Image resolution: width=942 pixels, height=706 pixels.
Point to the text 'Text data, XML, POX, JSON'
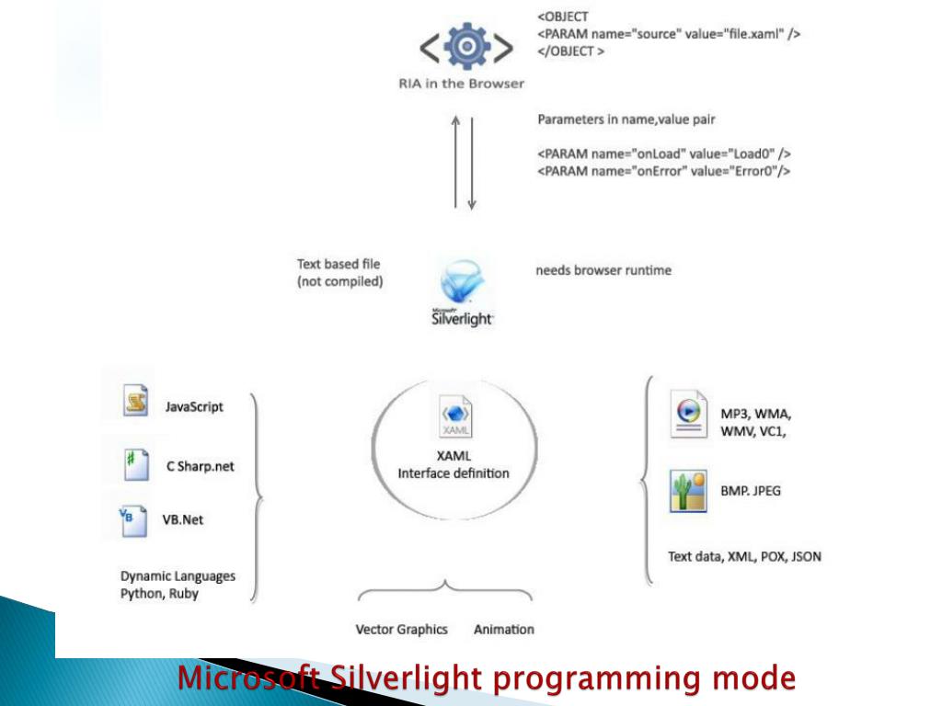pos(744,556)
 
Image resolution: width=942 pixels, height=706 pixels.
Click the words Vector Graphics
pos(401,630)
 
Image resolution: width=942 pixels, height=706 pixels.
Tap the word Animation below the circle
pos(503,630)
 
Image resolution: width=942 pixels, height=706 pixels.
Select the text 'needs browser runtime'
pos(603,271)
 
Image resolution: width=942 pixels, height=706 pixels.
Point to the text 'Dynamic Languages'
pos(178,576)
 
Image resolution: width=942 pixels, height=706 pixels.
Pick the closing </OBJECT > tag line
pos(571,51)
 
